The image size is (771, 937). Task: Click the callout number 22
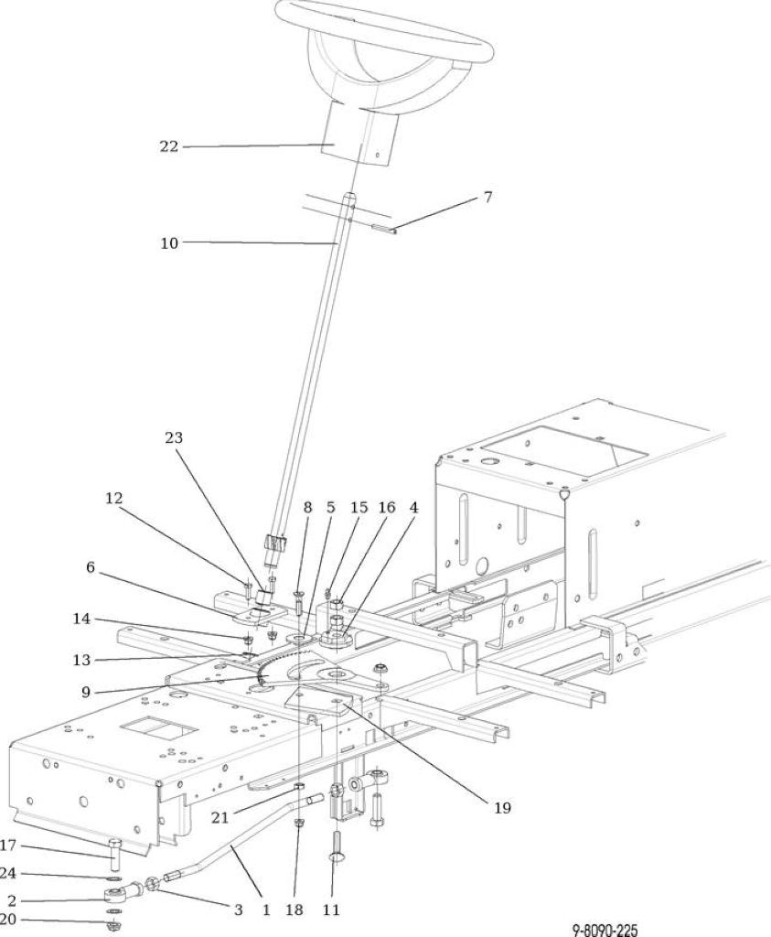(x=169, y=146)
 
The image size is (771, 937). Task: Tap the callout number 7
(x=487, y=197)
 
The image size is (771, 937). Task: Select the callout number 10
(x=169, y=243)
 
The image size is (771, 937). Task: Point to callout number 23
(x=173, y=437)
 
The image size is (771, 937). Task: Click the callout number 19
(x=502, y=808)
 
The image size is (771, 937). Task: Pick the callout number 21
(x=220, y=817)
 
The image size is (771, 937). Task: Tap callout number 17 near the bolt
(x=7, y=845)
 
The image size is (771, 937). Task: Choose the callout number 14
(x=81, y=619)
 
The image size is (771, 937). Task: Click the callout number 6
(x=91, y=566)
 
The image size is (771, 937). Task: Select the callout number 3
(x=239, y=910)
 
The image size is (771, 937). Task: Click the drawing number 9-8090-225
(x=605, y=930)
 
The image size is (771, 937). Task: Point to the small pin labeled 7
(x=384, y=228)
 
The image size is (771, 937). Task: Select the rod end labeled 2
(x=123, y=894)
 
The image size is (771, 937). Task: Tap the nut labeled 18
(x=298, y=824)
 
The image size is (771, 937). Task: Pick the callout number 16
(x=387, y=507)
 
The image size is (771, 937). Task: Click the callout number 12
(x=114, y=498)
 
